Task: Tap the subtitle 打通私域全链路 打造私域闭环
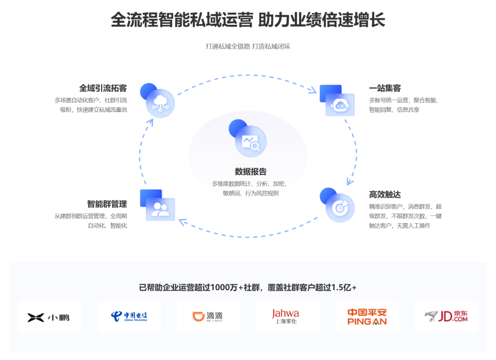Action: coord(248,46)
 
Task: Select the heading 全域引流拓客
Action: coord(103,88)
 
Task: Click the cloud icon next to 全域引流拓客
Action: coord(160,103)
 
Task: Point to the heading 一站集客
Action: coord(385,88)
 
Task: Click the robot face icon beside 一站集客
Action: coord(340,105)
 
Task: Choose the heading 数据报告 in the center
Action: coord(251,172)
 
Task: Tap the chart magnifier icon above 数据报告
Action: coord(251,142)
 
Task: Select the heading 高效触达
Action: coord(385,194)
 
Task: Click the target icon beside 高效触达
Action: coord(340,208)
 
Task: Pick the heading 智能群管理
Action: coord(107,204)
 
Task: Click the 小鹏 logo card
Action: coord(49,316)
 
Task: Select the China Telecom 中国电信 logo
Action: coord(129,316)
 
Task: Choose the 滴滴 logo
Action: coord(208,316)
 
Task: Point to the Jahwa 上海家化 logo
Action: coord(287,316)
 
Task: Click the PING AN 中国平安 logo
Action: coord(367,316)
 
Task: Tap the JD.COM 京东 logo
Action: coord(446,316)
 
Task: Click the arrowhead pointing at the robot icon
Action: coord(313,90)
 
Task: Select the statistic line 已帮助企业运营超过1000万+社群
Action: coord(248,287)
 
